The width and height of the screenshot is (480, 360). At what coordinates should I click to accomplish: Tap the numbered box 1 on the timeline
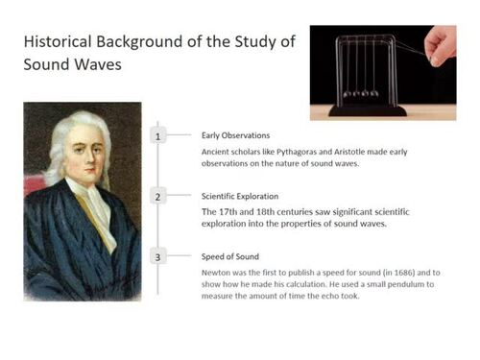[159, 137]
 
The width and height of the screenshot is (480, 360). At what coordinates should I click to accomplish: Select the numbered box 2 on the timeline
[159, 197]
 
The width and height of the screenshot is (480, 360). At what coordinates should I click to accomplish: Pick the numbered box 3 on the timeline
[159, 256]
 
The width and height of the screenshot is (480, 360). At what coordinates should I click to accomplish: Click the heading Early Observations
[235, 135]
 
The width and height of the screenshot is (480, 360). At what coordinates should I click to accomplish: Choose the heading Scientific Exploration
[241, 195]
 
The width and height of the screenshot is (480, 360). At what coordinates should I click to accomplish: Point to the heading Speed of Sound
[229, 256]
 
